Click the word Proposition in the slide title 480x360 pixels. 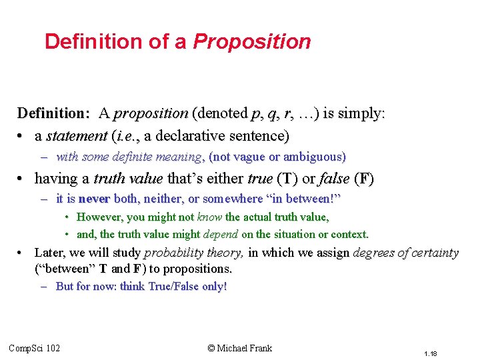252,42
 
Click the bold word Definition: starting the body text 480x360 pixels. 54,113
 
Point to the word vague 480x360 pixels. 247,157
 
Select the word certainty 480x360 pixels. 433,253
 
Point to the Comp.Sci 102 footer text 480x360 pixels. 34,348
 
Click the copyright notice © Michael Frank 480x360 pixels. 239,348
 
